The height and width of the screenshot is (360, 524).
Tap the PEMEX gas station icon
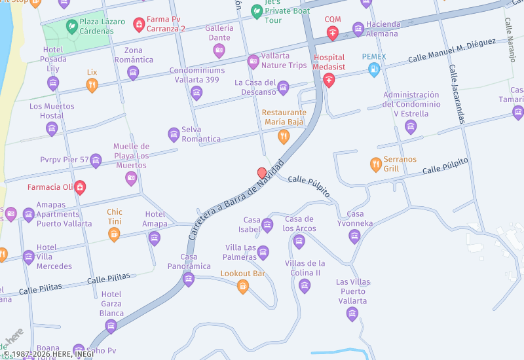374,69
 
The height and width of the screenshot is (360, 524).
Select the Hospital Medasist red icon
329,81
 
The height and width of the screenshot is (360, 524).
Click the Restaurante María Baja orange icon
284,136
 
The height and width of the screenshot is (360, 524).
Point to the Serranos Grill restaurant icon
376,164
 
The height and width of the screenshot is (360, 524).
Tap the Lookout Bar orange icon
242,286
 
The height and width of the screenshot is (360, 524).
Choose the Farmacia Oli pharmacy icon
80,187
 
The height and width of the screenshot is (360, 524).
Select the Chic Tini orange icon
114,234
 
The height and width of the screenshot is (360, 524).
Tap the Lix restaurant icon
92,84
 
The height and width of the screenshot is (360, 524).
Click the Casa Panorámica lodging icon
189,279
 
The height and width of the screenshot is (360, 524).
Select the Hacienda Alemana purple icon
358,29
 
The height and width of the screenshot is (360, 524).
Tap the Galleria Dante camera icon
219,50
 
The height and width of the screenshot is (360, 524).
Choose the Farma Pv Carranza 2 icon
139,25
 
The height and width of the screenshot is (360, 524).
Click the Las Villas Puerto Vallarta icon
352,314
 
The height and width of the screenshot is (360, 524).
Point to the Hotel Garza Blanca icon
111,326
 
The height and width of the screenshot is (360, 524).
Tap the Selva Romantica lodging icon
174,134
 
